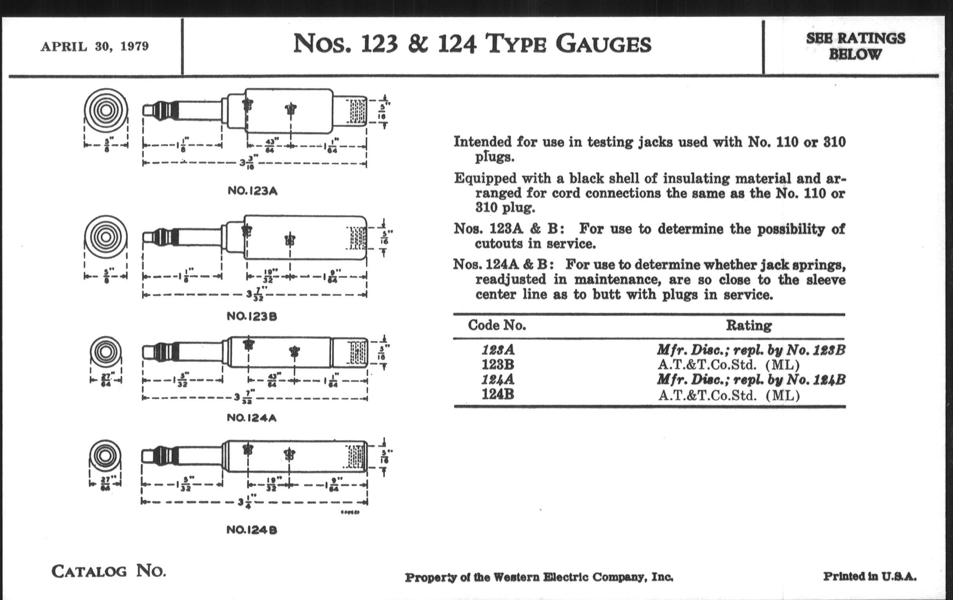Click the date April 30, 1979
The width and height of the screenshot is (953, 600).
coord(94,46)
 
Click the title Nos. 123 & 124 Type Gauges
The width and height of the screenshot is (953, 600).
coord(472,44)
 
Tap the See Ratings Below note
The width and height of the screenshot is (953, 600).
coord(855,46)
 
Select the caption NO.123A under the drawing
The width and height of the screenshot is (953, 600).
coord(252,191)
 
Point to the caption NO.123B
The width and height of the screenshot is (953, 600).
coord(252,316)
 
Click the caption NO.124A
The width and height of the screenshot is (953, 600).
coord(251,418)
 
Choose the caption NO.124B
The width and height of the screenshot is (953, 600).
coord(252,530)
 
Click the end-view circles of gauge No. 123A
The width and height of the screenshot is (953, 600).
coord(106,110)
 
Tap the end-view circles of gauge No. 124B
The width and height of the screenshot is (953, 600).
coord(105,455)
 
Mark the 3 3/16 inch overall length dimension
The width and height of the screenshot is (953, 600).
coord(249,163)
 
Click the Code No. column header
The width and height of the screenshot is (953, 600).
coord(497,325)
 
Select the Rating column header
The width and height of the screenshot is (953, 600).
coord(748,325)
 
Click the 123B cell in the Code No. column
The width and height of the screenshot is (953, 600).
coord(498,364)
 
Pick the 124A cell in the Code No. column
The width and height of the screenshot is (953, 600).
coord(498,379)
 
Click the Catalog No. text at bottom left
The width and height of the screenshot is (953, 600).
coord(109,571)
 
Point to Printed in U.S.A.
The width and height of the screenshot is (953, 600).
coord(870,576)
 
